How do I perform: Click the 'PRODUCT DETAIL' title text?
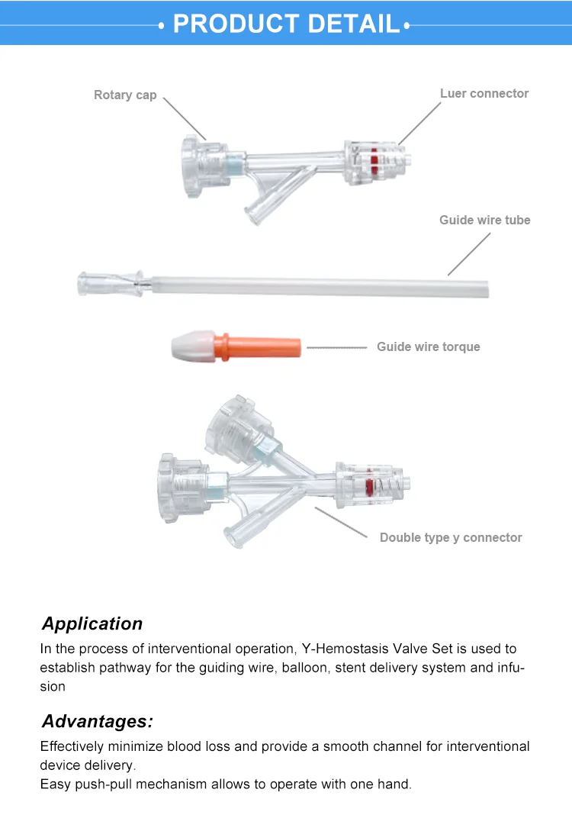click(286, 24)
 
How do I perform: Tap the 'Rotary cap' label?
click(125, 95)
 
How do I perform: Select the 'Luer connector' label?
click(484, 94)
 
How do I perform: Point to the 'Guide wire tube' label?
click(485, 220)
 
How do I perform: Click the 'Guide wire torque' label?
click(428, 346)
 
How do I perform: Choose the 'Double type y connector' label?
click(451, 537)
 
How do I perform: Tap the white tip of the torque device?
click(193, 346)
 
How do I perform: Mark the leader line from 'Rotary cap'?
click(185, 118)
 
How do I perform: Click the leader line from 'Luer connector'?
click(419, 123)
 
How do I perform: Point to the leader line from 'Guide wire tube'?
click(469, 253)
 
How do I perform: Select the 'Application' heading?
click(92, 623)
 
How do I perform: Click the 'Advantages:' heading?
click(98, 721)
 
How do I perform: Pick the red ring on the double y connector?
click(369, 486)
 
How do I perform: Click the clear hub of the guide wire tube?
click(111, 284)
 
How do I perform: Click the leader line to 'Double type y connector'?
click(341, 522)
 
